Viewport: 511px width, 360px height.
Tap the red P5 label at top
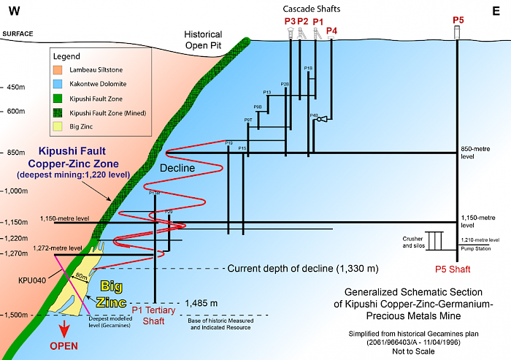pyautogui.click(x=457, y=19)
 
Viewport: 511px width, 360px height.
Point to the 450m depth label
pyautogui.click(x=15, y=87)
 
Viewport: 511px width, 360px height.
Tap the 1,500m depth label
pyautogui.click(x=15, y=315)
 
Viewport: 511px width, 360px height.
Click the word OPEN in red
pyautogui.click(x=64, y=345)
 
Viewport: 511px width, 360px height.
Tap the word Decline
pyautogui.click(x=178, y=168)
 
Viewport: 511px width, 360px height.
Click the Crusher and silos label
pyautogui.click(x=412, y=243)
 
